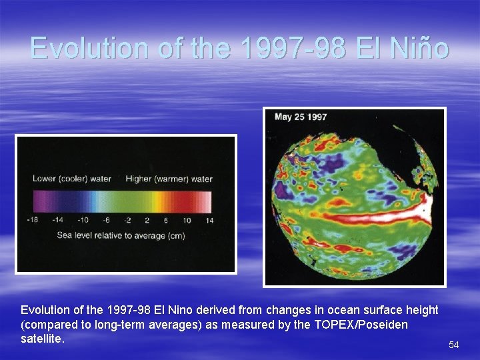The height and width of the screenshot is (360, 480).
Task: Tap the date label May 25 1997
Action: pos(301,117)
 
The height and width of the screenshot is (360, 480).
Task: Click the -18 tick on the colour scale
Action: pos(33,221)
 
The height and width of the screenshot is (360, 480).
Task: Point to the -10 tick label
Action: pos(83,221)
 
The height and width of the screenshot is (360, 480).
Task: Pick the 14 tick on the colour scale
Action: pos(209,221)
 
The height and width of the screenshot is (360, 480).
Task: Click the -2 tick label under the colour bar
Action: pos(128,221)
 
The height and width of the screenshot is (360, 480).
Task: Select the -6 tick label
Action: pos(105,221)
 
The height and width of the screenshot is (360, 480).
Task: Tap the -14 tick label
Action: pos(59,221)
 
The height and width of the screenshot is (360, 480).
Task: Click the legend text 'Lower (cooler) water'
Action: pos(72,179)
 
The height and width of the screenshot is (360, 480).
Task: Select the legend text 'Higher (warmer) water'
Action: pos(169,179)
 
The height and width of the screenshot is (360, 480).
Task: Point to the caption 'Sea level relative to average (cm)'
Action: pos(121,235)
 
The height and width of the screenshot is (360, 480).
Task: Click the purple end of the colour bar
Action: pos(39,202)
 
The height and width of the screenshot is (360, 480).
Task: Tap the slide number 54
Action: pos(454,345)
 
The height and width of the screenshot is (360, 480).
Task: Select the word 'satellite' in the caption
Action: pos(41,339)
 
